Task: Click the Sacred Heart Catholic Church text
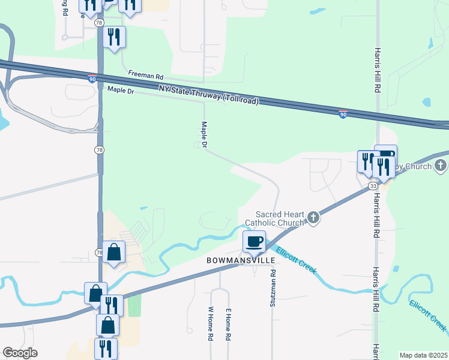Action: (280, 218)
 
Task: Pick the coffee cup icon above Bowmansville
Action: (254, 242)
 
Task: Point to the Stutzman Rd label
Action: (273, 289)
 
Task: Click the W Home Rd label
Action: (211, 324)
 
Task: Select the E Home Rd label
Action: (229, 324)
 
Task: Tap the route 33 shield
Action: (373, 188)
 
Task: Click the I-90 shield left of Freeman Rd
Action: (91, 79)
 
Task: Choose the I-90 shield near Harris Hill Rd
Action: (342, 114)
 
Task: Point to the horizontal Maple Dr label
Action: (120, 90)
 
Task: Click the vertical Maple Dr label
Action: (204, 135)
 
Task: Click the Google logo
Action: (20, 353)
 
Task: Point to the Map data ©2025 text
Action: (423, 355)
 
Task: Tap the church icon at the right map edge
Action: (441, 166)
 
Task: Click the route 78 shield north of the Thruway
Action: (98, 23)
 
